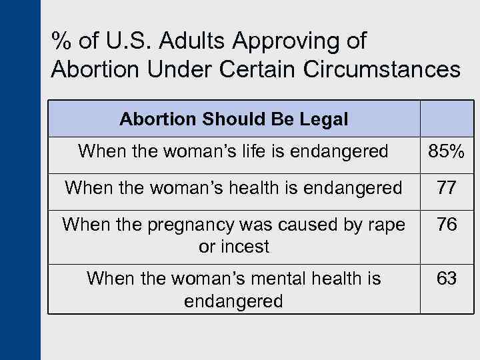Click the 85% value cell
(x=447, y=152)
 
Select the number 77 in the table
(x=447, y=189)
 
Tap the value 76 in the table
(x=447, y=225)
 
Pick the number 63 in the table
(x=447, y=278)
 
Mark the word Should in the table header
(x=234, y=119)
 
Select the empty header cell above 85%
(x=447, y=119)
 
